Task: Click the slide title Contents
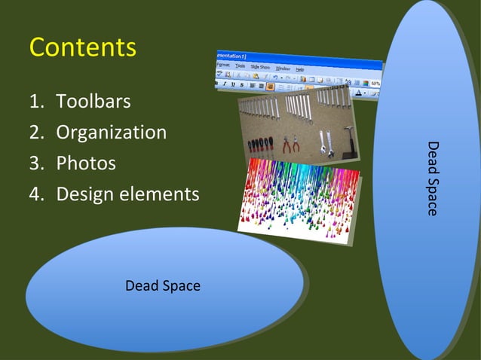point(83,47)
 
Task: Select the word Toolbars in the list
point(93,102)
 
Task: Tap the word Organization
point(112,133)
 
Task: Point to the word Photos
point(86,163)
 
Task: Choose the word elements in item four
point(160,194)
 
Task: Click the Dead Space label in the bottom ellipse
point(163,286)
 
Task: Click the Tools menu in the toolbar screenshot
point(240,66)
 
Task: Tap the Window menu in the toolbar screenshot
point(282,69)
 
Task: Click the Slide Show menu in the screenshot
point(260,67)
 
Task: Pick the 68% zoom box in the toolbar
point(374,82)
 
